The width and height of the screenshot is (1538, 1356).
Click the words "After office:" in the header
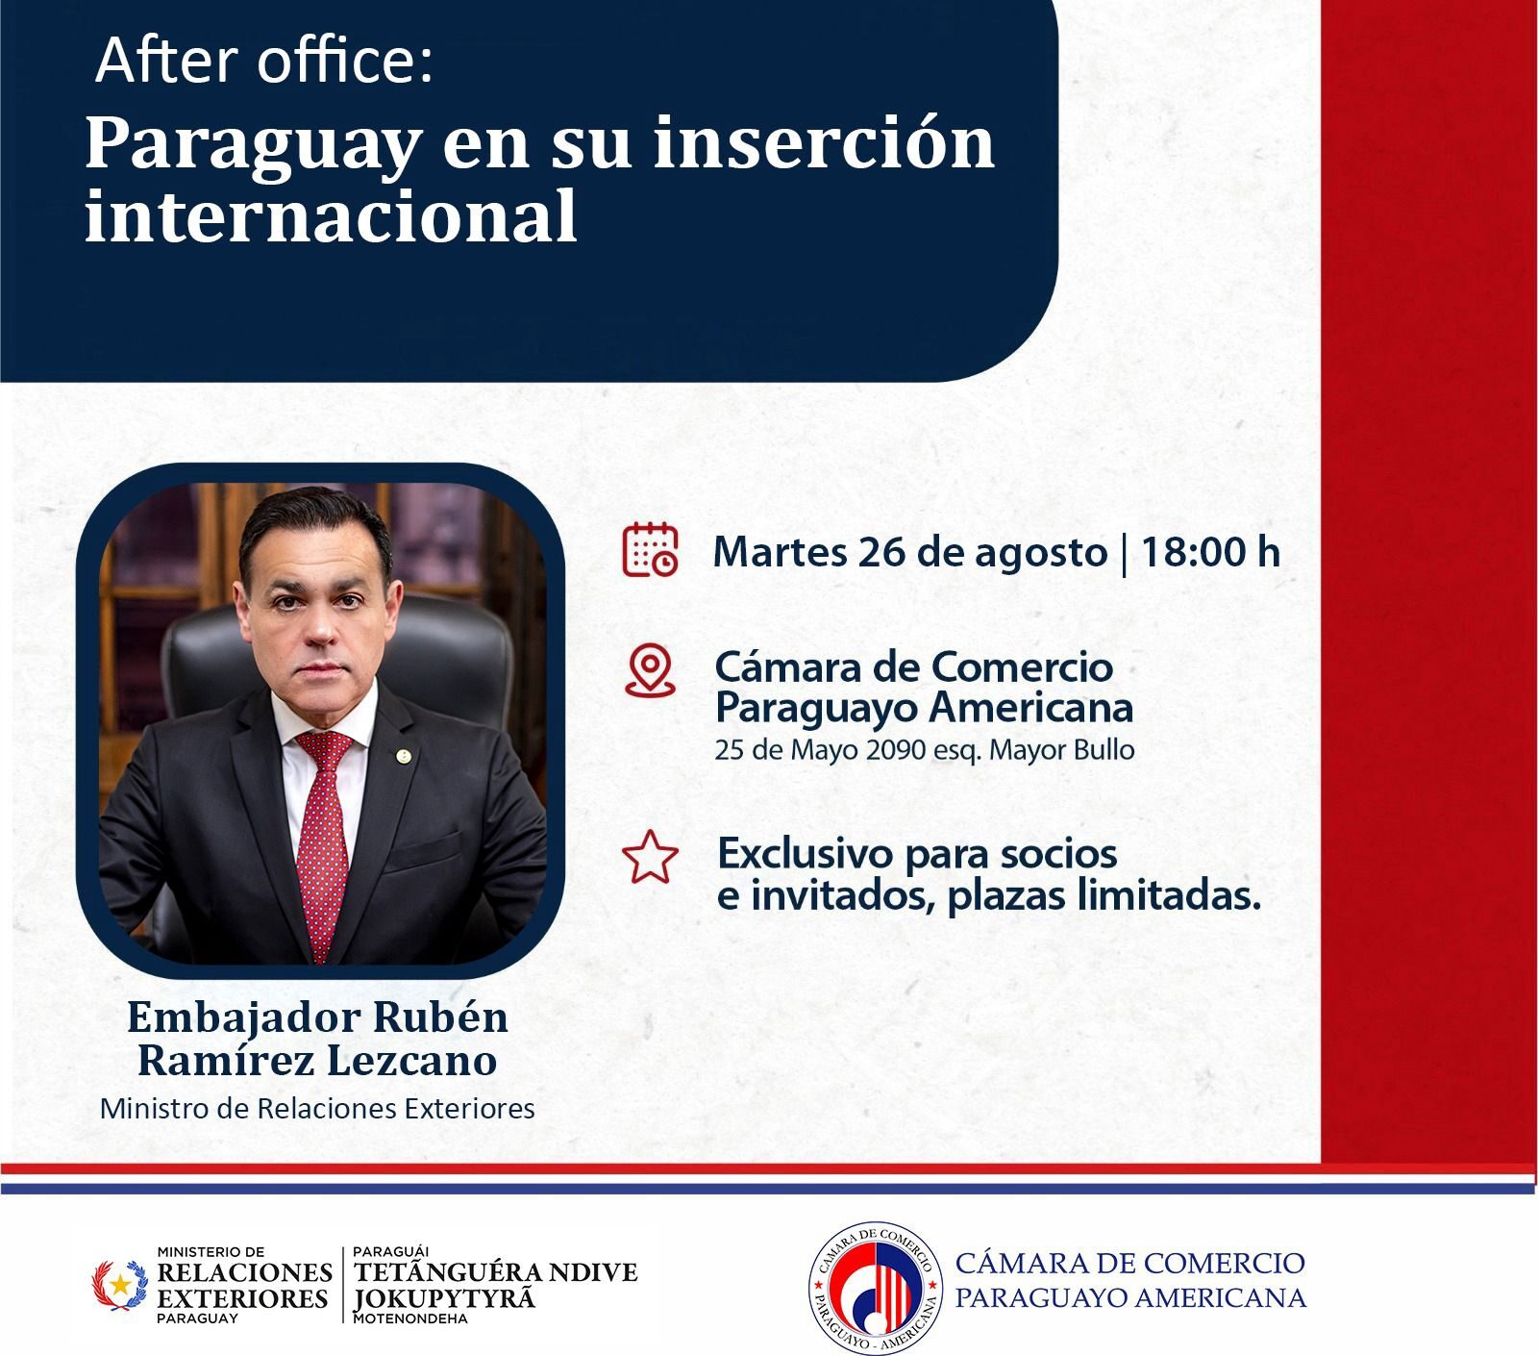[264, 61]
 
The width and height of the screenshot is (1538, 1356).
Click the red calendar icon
[650, 550]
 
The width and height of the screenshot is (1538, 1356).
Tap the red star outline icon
[650, 857]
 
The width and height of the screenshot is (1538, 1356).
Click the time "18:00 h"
[1210, 552]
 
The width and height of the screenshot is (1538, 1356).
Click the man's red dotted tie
[324, 837]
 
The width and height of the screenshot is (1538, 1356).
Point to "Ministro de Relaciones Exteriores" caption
[317, 1109]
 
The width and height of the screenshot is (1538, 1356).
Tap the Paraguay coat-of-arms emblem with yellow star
[119, 1285]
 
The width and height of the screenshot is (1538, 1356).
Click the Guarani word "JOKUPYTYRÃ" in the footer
[443, 1298]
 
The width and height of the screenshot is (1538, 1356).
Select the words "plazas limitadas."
[1103, 896]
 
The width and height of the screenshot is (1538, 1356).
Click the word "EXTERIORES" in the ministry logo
[242, 1298]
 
